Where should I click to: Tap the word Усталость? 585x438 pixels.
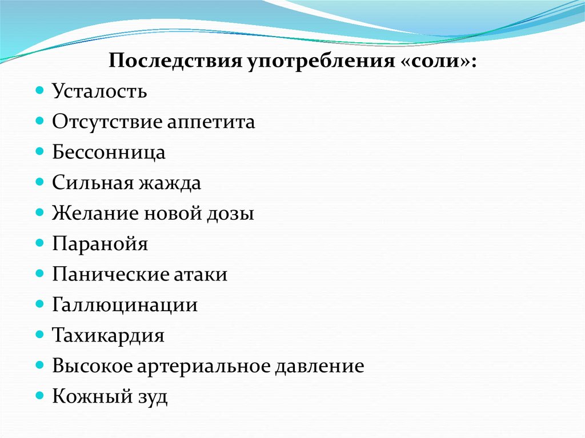(100, 91)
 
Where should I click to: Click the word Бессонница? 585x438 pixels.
(109, 152)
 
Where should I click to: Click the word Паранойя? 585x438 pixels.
(100, 244)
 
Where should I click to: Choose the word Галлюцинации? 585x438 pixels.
(125, 305)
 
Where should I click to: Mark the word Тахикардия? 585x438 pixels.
(109, 335)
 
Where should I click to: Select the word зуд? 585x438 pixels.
(151, 396)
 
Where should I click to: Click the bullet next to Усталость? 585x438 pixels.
(39, 91)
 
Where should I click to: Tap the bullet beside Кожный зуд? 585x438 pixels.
(39, 395)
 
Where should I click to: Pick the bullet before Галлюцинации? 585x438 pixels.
(39, 304)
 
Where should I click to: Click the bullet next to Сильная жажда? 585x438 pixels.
(39, 182)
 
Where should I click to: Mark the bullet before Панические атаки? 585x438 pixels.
(39, 274)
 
